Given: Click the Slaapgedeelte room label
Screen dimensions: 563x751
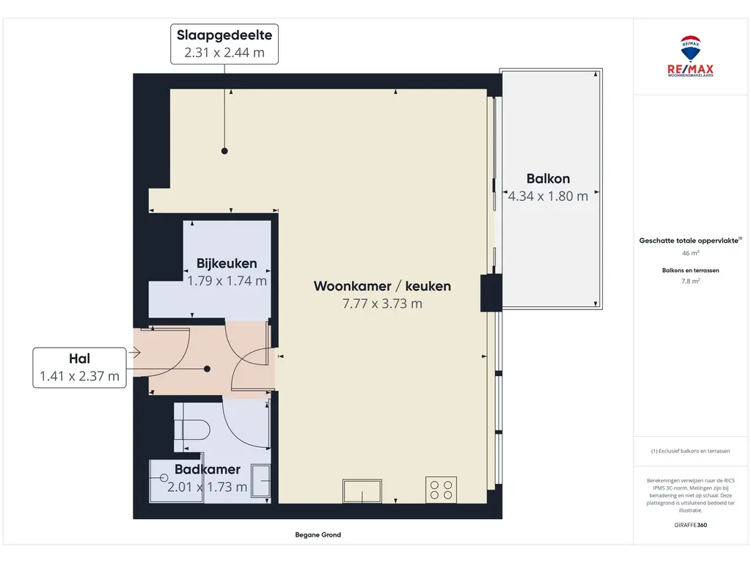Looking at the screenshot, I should pyautogui.click(x=225, y=35).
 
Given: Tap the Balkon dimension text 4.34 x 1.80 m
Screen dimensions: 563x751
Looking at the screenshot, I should pyautogui.click(x=549, y=196).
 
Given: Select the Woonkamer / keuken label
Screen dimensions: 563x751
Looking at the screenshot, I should pyautogui.click(x=382, y=286).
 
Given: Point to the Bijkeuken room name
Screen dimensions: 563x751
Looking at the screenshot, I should pyautogui.click(x=227, y=263).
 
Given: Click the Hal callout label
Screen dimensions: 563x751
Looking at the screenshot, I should pyautogui.click(x=78, y=359).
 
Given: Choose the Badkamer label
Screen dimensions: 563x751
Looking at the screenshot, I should pyautogui.click(x=208, y=469).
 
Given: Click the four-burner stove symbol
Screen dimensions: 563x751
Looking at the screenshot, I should pyautogui.click(x=441, y=489).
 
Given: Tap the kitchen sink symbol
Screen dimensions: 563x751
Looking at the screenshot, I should pyautogui.click(x=362, y=490).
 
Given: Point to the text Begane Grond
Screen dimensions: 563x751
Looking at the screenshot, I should pyautogui.click(x=318, y=535).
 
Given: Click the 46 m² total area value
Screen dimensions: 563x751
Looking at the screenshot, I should pyautogui.click(x=690, y=253).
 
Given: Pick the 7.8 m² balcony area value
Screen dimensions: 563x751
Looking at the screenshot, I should pyautogui.click(x=690, y=280).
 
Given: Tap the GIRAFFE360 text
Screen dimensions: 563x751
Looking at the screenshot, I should pyautogui.click(x=690, y=525).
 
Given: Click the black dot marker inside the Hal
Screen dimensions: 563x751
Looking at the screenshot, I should pyautogui.click(x=208, y=369).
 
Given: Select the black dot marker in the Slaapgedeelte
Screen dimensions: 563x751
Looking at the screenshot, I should pyautogui.click(x=225, y=151).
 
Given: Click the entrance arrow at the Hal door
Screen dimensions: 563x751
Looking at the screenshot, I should pyautogui.click(x=134, y=353).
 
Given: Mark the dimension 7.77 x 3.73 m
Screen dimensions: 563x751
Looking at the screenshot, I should pyautogui.click(x=382, y=303).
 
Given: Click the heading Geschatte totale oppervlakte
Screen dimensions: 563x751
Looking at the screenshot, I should pyautogui.click(x=690, y=240).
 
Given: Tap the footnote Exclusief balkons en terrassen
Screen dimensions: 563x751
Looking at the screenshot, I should pyautogui.click(x=690, y=451).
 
